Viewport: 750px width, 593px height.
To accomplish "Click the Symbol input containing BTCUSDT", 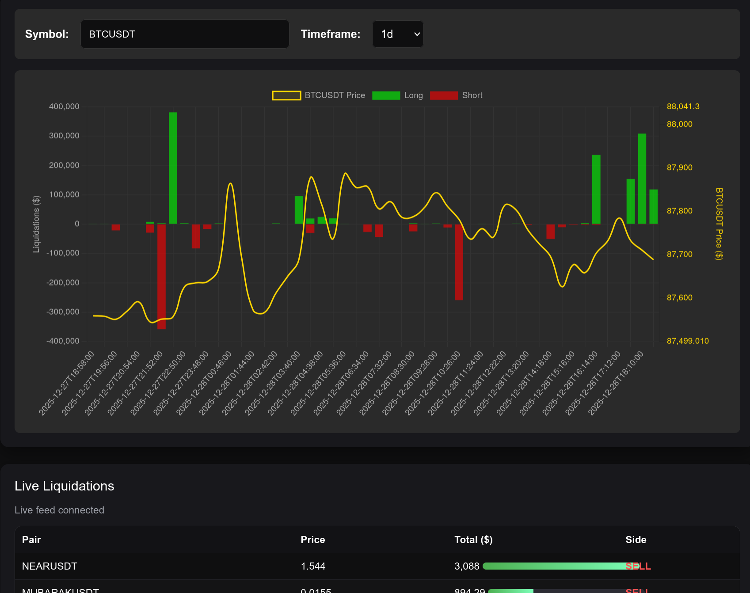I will click(x=184, y=34).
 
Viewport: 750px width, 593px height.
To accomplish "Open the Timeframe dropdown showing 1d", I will click(x=398, y=34).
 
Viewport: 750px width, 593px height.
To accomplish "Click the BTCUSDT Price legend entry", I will click(x=319, y=95).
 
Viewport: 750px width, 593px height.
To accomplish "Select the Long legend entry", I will click(x=398, y=95).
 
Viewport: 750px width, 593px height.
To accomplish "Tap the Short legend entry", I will click(x=456, y=95).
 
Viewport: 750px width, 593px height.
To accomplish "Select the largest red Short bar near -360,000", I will click(x=161, y=276).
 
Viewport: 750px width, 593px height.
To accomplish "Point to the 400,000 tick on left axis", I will click(x=64, y=106).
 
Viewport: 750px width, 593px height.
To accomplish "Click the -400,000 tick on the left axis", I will click(x=63, y=341).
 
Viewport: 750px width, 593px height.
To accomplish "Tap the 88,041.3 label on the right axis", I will click(x=683, y=106).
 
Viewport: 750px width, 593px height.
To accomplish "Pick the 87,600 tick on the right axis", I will click(x=679, y=298).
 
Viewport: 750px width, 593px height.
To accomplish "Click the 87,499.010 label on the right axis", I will click(x=687, y=341).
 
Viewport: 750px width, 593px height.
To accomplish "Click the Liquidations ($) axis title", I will click(x=36, y=224).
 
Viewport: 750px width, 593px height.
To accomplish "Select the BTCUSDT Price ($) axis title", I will click(x=719, y=224).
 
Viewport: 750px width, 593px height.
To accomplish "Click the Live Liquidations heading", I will click(x=65, y=486).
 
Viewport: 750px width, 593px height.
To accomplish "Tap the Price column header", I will click(x=312, y=540).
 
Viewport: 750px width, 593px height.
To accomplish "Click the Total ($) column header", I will click(x=473, y=540).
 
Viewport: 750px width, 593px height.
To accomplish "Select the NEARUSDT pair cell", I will click(x=49, y=566).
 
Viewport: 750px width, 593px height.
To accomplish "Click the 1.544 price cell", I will click(x=313, y=566).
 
